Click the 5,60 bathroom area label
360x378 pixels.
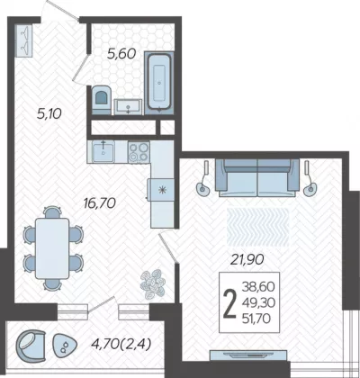tap(121, 54)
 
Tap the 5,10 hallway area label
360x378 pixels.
tap(49, 114)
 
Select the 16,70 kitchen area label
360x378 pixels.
tap(100, 203)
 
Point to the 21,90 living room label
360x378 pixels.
tap(247, 259)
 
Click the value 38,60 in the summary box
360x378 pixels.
tap(258, 287)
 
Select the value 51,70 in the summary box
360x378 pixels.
tap(256, 319)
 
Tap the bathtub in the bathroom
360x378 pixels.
tap(159, 83)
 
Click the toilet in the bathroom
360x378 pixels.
tap(101, 99)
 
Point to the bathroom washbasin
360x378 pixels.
tap(128, 107)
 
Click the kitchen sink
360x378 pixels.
tap(103, 152)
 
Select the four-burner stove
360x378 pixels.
tap(139, 152)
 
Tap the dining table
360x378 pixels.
tap(52, 248)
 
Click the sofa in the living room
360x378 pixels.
tap(257, 178)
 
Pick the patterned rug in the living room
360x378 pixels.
tap(258, 227)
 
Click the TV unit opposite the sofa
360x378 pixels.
tap(248, 355)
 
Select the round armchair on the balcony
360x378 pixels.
tap(31, 346)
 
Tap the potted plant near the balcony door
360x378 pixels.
tap(153, 283)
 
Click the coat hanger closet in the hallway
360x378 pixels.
tap(24, 40)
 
